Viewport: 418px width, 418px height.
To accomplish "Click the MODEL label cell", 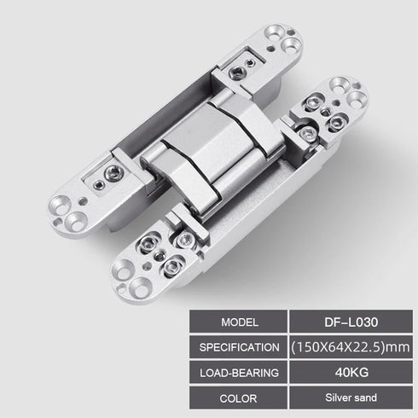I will [239, 323].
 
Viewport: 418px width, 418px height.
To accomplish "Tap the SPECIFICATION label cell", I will [239, 347].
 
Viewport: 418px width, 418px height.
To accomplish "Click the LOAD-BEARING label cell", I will [239, 371].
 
